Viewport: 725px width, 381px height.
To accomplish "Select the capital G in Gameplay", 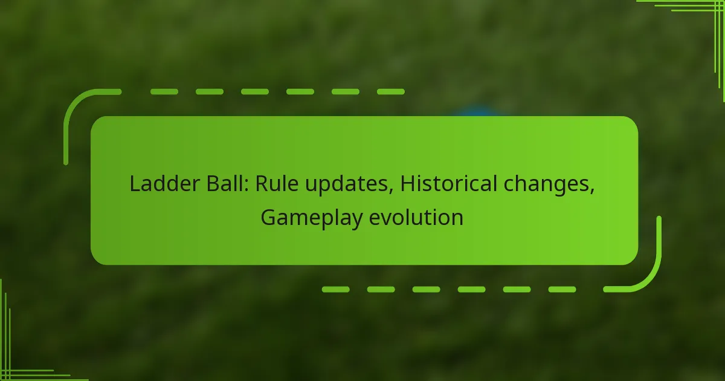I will pyautogui.click(x=268, y=217).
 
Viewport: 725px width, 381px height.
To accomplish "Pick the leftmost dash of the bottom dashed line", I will pyautogui.click(x=335, y=290).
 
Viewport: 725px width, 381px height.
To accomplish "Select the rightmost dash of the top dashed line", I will pyautogui.click(x=390, y=92).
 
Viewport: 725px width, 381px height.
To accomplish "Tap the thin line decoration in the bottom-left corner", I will pyautogui.click(x=18, y=363).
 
